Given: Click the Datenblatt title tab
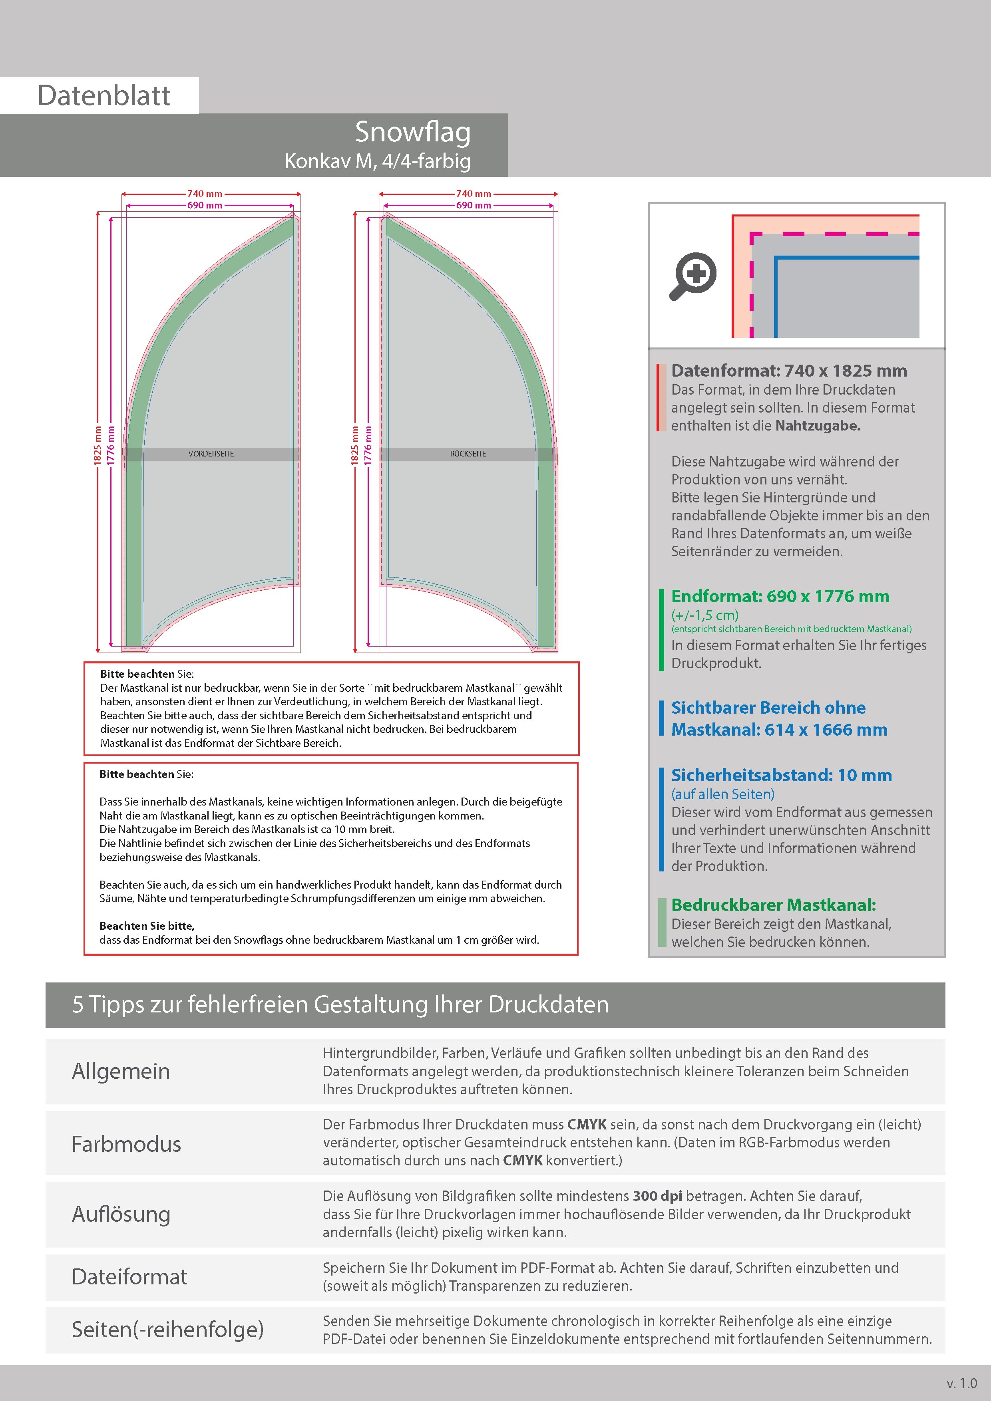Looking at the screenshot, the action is [x=104, y=95].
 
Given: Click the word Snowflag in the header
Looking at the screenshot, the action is [x=413, y=133].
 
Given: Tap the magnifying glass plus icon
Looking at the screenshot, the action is [x=693, y=276].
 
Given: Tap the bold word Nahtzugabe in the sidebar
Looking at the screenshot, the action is [x=818, y=426].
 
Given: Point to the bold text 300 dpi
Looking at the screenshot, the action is [x=658, y=1196].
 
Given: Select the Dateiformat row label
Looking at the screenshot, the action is [x=129, y=1276].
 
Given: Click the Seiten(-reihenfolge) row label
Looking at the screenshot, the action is [x=168, y=1330].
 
